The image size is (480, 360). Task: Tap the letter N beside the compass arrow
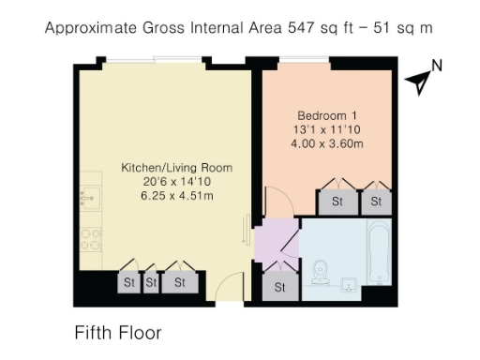[436, 66]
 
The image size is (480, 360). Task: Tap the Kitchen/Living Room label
[176, 168]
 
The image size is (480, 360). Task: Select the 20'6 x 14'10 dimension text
[176, 182]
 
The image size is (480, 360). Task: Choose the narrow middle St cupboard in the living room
[150, 281]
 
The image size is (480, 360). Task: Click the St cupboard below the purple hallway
[279, 287]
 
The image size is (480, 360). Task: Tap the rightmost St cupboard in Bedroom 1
[376, 201]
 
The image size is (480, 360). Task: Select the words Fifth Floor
[118, 333]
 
